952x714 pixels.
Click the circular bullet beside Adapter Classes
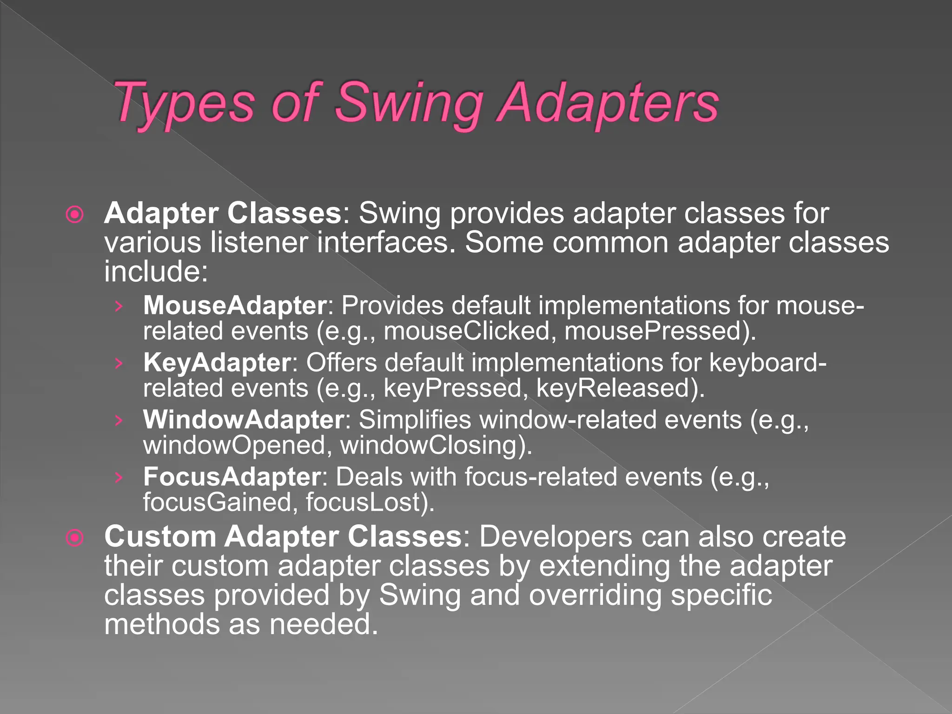point(75,214)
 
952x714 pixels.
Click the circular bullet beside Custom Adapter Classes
point(75,538)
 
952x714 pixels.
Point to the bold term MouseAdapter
point(235,305)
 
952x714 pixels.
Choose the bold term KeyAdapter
point(217,363)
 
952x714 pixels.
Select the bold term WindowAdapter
point(244,420)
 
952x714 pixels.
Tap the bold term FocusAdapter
point(232,477)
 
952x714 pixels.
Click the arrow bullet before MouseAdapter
point(119,306)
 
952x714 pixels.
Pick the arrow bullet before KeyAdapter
point(119,363)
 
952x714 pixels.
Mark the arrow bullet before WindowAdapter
point(119,420)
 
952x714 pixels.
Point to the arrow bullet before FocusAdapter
point(119,477)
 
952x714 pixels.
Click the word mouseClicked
point(467,331)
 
